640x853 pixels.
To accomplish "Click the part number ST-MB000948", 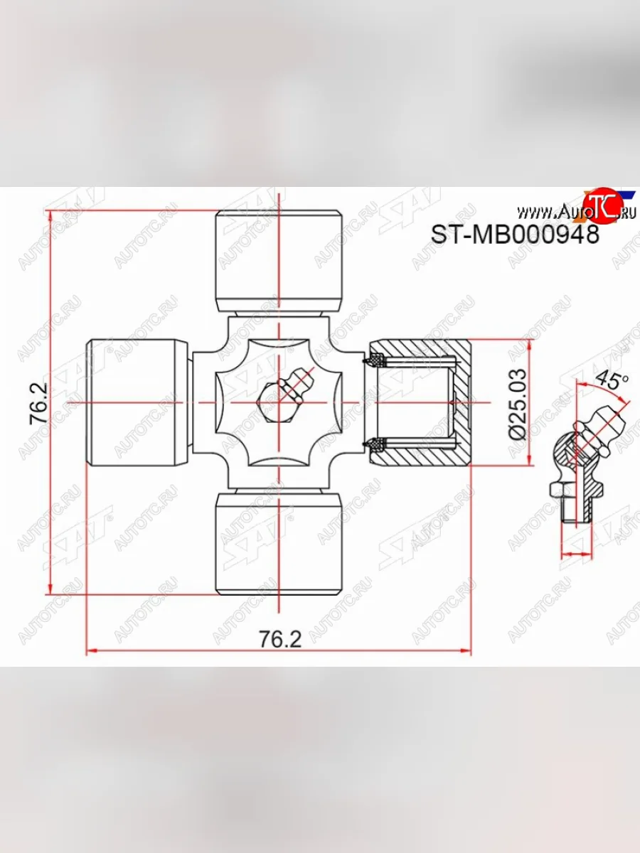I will point(516,234).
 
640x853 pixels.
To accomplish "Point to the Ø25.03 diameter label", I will point(518,403).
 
